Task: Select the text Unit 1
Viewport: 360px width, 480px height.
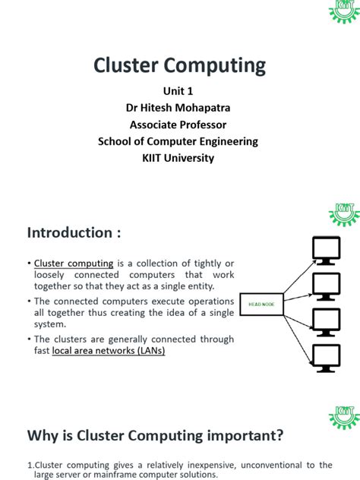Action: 180,91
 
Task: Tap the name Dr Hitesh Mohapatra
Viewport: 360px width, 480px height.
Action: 180,108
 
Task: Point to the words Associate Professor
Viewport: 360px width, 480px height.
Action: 180,125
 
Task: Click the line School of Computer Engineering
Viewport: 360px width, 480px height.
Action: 180,141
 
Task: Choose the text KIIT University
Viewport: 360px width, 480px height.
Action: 180,158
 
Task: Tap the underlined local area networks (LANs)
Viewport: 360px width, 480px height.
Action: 108,351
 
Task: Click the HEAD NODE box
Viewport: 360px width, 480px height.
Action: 263,303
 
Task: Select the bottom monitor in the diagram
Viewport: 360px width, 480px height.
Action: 327,359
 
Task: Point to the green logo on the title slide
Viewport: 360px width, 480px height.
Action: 343,11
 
